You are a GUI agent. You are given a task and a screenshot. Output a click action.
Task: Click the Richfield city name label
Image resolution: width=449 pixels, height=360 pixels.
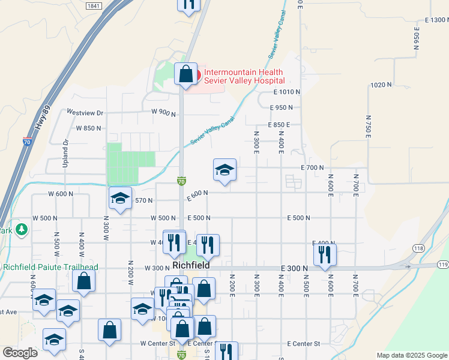(191, 265)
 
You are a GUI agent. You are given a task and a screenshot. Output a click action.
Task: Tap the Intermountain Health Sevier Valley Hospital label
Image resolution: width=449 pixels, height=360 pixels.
(244, 76)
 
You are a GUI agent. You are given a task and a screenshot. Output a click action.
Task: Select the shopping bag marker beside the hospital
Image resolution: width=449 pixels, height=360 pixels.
(186, 75)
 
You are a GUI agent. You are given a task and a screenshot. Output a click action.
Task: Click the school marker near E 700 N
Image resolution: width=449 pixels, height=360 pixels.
(224, 170)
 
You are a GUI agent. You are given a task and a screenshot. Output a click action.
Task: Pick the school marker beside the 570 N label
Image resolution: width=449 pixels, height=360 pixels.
(120, 199)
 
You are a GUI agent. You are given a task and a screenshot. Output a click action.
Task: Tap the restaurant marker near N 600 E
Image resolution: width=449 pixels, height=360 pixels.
(325, 254)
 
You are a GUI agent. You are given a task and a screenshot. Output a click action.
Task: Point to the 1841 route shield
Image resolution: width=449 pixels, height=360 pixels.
(93, 5)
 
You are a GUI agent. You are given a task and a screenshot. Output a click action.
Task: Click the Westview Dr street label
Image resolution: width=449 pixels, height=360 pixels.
(85, 112)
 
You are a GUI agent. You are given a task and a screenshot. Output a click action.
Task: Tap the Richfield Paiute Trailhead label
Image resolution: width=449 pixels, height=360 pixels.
(50, 267)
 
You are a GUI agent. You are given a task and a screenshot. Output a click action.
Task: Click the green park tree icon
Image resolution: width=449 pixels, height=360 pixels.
(22, 229)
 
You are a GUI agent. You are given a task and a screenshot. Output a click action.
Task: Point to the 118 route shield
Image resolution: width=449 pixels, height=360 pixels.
(418, 247)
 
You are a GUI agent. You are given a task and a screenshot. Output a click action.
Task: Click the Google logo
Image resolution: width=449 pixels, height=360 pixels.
(20, 353)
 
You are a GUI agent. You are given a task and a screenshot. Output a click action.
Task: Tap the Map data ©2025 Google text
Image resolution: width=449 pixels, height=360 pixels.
(411, 355)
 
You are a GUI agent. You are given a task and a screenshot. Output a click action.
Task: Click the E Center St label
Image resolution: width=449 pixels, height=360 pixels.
(304, 344)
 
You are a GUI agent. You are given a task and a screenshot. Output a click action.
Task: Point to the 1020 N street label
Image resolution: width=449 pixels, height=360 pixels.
(381, 85)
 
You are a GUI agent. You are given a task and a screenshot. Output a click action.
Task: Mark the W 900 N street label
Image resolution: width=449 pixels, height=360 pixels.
(164, 112)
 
